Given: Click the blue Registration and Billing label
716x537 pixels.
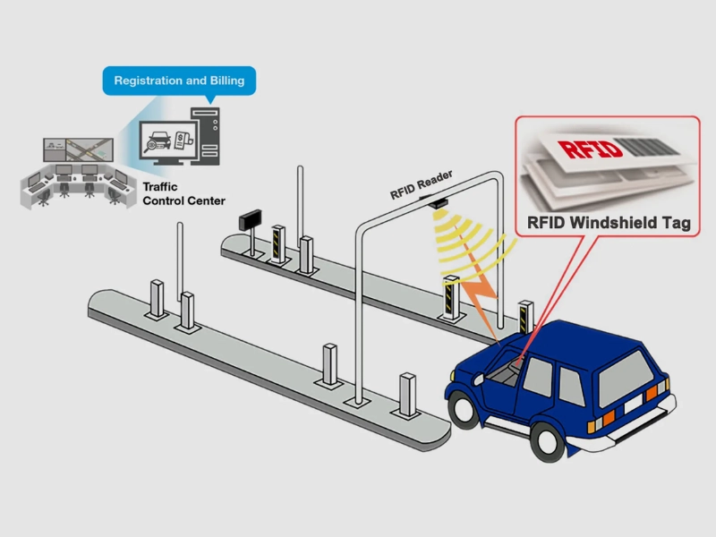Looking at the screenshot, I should (x=179, y=81).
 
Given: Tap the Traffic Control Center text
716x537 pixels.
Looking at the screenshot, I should (x=183, y=193).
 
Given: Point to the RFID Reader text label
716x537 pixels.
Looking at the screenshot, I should (x=422, y=183).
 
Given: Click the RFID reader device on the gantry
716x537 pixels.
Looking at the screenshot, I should (x=438, y=202).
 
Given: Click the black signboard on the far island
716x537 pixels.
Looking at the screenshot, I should (x=248, y=219).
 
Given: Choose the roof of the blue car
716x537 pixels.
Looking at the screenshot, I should (x=573, y=335).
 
